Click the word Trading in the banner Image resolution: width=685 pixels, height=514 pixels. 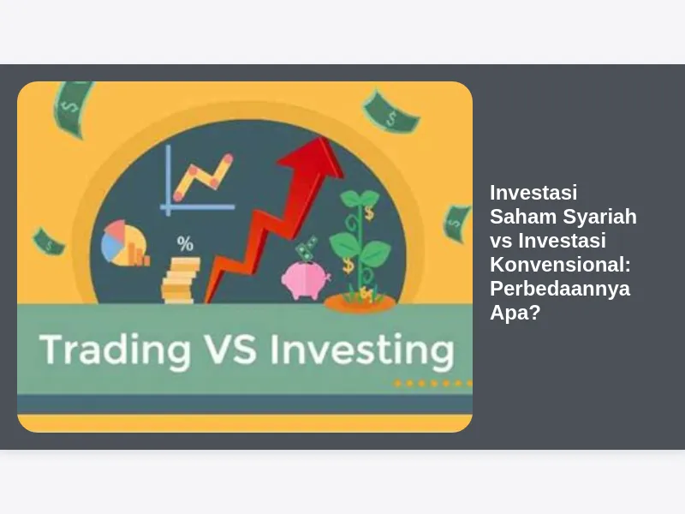tap(116, 350)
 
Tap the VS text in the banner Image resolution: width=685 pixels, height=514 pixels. tap(229, 349)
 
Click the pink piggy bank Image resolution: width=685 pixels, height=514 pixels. tap(306, 280)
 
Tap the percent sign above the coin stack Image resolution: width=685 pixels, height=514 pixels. tap(185, 243)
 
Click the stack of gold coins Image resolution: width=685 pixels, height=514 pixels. tap(181, 280)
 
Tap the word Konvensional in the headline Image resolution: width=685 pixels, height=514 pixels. tap(561, 264)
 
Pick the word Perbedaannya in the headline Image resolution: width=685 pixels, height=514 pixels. tap(560, 289)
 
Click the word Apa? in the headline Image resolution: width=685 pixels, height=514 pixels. tap(515, 313)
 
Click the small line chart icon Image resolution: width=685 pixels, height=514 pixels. tap(199, 180)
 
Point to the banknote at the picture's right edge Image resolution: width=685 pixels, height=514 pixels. tap(457, 224)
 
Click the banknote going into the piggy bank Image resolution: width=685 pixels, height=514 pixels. tap(307, 248)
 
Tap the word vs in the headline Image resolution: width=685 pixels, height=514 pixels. tap(501, 241)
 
